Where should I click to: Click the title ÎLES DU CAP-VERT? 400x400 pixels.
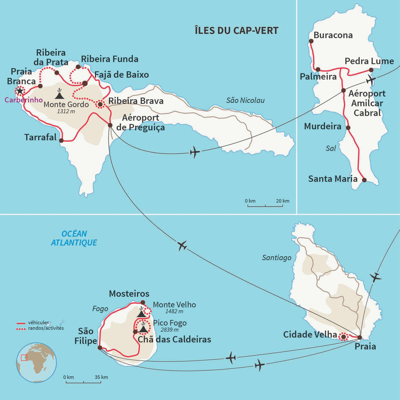coord(236,31)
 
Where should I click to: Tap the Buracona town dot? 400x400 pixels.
coord(311,41)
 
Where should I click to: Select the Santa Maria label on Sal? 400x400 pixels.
coord(333,178)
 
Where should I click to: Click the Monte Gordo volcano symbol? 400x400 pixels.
coord(59,94)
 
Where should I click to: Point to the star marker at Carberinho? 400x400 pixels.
coord(19,91)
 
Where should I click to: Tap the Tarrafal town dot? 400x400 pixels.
coord(61,140)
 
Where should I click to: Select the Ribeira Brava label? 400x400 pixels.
coord(136,101)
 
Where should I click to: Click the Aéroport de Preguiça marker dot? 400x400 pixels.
coord(110,125)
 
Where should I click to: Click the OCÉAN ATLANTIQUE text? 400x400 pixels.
coord(74,238)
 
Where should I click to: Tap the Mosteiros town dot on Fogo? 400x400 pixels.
coord(143,302)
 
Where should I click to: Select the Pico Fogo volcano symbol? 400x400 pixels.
coord(143,329)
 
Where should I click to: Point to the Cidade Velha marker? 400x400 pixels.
coord(343,337)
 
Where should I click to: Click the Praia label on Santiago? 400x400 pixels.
coord(365,346)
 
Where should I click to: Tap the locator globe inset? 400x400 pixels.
coord(36,362)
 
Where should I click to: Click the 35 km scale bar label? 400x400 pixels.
coord(101,377)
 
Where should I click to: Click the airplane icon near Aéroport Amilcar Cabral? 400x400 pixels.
coord(370,80)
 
